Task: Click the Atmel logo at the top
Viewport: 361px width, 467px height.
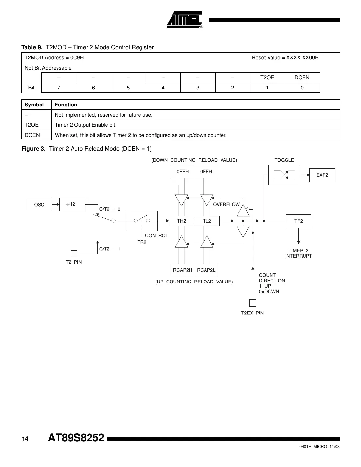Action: click(185, 20)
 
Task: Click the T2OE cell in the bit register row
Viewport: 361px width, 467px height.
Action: click(267, 78)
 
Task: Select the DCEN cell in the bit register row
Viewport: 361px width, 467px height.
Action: click(302, 78)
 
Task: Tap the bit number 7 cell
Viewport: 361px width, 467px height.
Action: click(59, 88)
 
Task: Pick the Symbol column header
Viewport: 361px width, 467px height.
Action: click(34, 105)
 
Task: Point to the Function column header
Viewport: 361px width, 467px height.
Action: click(66, 105)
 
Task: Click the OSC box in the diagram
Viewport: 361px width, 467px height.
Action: click(39, 205)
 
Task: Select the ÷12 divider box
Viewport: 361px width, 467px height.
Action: click(72, 204)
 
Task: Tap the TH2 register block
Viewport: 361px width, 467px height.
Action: click(182, 221)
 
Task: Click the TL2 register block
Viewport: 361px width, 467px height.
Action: click(207, 221)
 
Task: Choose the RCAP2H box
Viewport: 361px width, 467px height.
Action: click(183, 270)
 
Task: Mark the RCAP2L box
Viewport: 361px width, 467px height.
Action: click(206, 270)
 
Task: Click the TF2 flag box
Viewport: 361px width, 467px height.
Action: click(299, 221)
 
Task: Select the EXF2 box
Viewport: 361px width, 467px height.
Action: click(322, 175)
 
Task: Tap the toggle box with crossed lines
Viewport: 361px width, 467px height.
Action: click(284, 175)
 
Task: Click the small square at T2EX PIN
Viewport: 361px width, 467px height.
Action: click(253, 303)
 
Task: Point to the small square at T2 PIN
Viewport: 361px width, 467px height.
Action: click(74, 254)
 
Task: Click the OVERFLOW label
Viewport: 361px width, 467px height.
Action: click(226, 204)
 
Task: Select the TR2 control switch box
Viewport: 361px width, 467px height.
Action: click(141, 221)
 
